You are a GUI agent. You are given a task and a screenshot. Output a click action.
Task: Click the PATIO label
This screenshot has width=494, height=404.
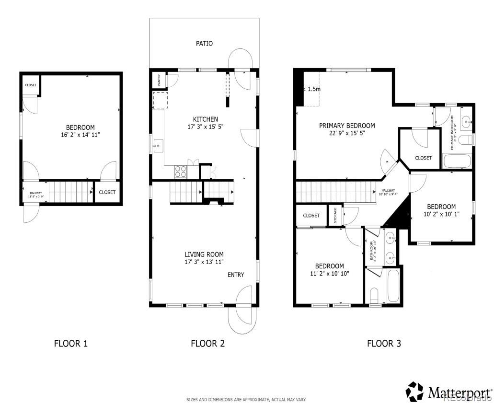[204, 44]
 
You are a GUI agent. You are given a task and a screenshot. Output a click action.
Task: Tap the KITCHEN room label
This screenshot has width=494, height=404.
[205, 119]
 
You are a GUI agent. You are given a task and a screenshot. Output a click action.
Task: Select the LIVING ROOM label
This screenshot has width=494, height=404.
[204, 254]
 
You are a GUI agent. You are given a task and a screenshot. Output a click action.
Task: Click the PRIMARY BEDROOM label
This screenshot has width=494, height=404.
[347, 126]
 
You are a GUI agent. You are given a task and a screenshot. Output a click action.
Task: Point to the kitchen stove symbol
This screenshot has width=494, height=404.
[181, 172]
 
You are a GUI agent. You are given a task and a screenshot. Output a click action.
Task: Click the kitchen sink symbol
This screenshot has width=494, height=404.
[158, 145]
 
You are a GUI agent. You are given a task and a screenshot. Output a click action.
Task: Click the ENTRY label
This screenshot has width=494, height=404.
[235, 275]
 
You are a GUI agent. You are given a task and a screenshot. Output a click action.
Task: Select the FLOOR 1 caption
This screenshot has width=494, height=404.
[70, 343]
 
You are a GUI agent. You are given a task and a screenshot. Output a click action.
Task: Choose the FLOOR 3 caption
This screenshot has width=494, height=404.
[384, 343]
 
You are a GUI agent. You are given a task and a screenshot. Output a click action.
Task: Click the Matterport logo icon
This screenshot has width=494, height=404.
[415, 392]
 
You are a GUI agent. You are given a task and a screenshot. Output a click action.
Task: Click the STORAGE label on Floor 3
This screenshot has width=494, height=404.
[335, 215]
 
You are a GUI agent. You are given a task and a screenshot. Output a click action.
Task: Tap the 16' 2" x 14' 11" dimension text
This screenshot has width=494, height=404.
[80, 135]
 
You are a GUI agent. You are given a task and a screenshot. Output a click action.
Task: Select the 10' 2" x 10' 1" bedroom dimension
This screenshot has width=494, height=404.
[441, 214]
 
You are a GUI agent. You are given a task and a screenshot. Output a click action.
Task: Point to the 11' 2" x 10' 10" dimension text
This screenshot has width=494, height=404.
[329, 274]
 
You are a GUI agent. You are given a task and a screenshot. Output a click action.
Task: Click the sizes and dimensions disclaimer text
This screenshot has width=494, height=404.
[246, 399]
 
